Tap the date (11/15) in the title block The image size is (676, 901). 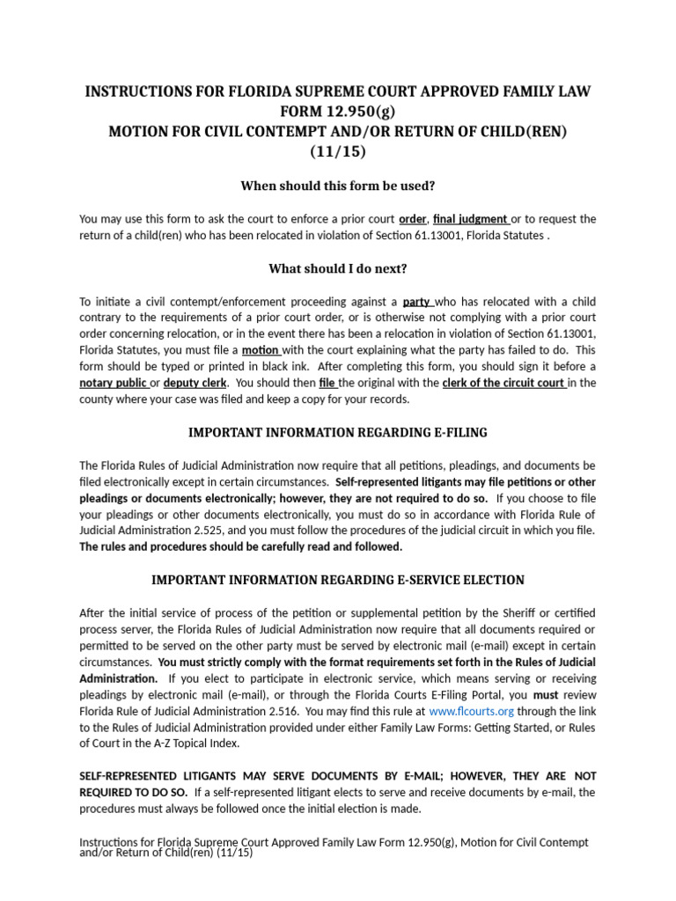tap(338, 150)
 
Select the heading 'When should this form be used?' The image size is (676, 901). tap(338, 186)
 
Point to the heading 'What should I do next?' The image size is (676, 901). tap(338, 268)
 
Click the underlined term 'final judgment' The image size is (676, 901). tap(470, 219)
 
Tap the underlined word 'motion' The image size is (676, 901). tap(261, 349)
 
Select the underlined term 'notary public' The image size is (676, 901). tap(114, 383)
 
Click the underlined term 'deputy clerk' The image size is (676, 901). tap(195, 383)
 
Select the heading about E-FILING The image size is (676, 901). tap(338, 432)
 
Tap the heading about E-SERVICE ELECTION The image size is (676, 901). tap(338, 580)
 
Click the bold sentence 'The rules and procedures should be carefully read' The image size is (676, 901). tap(240, 546)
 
